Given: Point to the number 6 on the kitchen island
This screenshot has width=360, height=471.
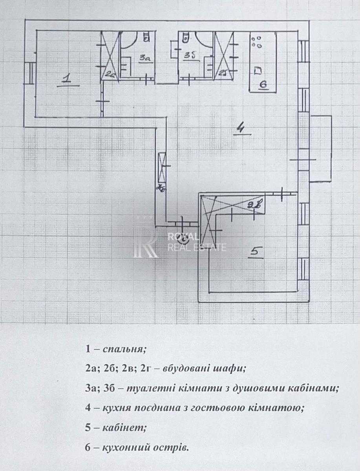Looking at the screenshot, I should pyautogui.click(x=263, y=84).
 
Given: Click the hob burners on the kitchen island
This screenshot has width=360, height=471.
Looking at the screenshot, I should pyautogui.click(x=258, y=42).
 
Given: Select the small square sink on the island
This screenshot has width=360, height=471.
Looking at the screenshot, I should pyautogui.click(x=258, y=71).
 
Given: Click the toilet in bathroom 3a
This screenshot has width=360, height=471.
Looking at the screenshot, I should pyautogui.click(x=146, y=37).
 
